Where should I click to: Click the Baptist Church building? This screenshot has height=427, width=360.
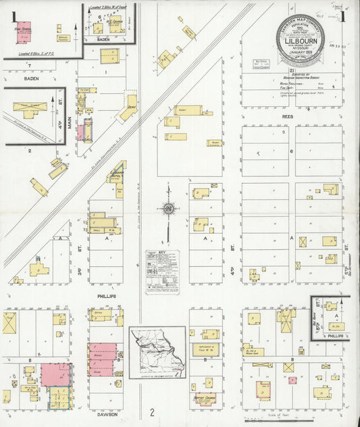click(205, 399)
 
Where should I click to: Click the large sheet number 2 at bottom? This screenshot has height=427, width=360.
click(153, 412)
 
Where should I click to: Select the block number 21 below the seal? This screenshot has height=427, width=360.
click(291, 70)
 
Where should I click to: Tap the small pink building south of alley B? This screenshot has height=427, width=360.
click(292, 380)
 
